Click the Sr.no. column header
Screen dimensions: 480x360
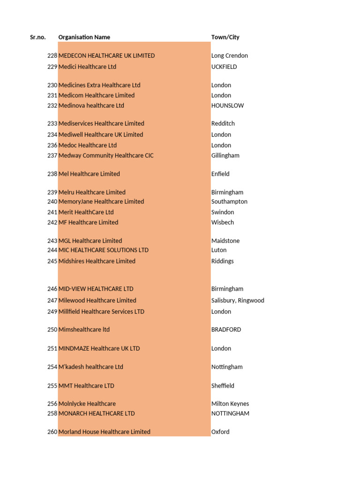pos(37,37)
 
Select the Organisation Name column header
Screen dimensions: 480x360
pos(84,37)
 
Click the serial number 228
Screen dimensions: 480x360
pos(52,55)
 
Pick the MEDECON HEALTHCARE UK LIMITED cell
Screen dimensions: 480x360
pos(106,55)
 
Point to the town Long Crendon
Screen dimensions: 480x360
pos(229,55)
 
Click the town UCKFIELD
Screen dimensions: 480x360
pos(224,67)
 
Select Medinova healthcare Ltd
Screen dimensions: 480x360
pos(91,105)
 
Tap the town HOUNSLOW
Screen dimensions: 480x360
pos(227,105)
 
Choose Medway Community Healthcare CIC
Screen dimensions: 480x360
pos(106,155)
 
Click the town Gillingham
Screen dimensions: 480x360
pos(225,155)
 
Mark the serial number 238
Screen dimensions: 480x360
pos(52,173)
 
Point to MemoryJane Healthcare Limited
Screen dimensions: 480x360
pos(101,201)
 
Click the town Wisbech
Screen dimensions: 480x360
pos(222,222)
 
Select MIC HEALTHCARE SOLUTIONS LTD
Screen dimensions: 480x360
pos(104,250)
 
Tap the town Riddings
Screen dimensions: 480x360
pos(222,261)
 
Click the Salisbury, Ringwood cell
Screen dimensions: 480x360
pos(238,300)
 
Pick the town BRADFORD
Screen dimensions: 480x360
pos(226,330)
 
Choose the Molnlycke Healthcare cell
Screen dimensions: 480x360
pos(87,404)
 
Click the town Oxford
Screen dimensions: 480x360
pos(220,432)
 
